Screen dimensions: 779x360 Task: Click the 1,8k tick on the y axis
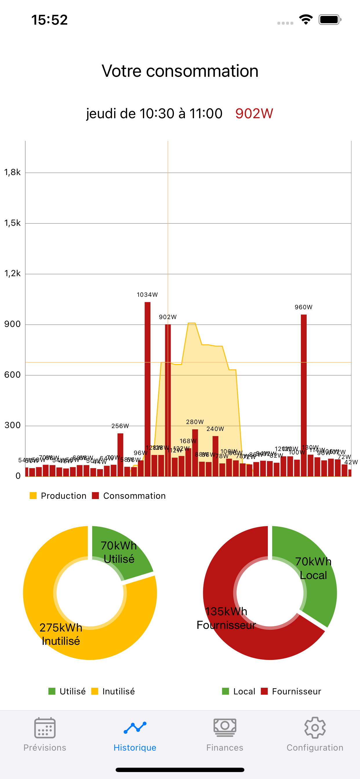pyautogui.click(x=12, y=172)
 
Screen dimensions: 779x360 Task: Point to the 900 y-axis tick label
pyautogui.click(x=12, y=324)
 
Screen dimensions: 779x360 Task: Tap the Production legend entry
pyautogui.click(x=58, y=496)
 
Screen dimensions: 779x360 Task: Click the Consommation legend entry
pyautogui.click(x=129, y=496)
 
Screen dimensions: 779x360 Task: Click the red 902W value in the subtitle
pyautogui.click(x=254, y=114)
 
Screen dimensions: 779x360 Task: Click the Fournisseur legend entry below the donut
pyautogui.click(x=291, y=691)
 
